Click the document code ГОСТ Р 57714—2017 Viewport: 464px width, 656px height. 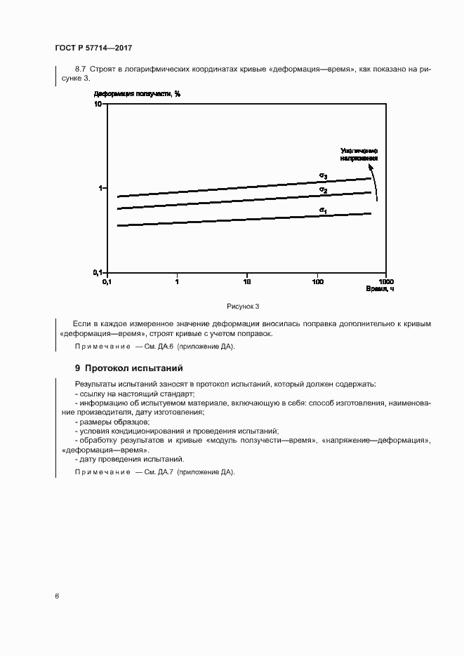click(93, 48)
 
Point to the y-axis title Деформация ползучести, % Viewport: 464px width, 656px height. click(137, 94)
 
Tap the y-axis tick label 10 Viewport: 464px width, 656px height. click(98, 104)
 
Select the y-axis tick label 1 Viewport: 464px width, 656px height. click(101, 188)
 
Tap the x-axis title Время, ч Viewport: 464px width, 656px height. click(380, 289)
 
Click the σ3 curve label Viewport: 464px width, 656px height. click(323, 175)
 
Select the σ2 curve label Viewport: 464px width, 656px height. click(323, 190)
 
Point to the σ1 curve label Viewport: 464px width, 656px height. click(323, 210)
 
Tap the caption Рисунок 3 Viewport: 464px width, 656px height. click(243, 306)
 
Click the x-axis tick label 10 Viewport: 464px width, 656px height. click(246, 282)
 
